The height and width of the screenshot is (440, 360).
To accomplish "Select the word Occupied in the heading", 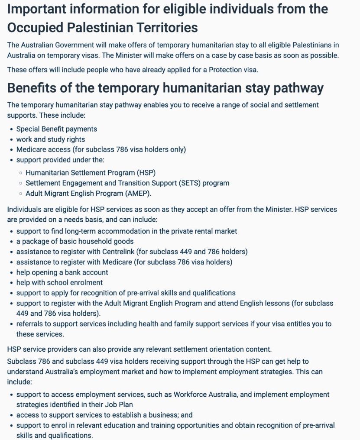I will [37, 28].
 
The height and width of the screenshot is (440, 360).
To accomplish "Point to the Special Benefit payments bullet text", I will [57, 129].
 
